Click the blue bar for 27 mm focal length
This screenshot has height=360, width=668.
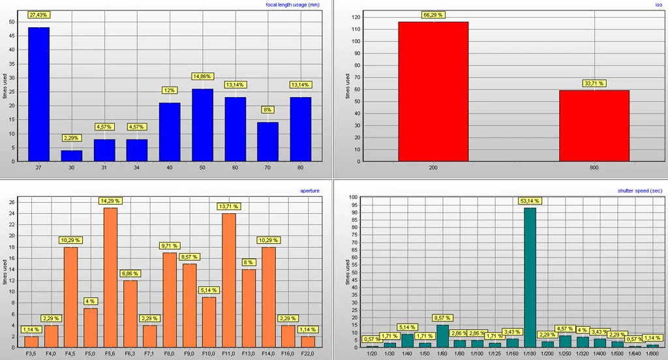pos(38,95)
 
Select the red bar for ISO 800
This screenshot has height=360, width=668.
pos(594,126)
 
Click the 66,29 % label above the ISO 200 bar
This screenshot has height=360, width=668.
pos(433,14)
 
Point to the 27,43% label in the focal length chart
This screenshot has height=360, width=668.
pos(39,14)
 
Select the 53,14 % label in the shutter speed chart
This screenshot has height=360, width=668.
pos(529,202)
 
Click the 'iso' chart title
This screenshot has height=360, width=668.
pos(659,5)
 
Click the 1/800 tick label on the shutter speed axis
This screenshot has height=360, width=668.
pos(653,353)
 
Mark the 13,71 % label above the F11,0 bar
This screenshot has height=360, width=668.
pos(229,206)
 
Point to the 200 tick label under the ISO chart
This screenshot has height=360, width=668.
pos(433,168)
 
